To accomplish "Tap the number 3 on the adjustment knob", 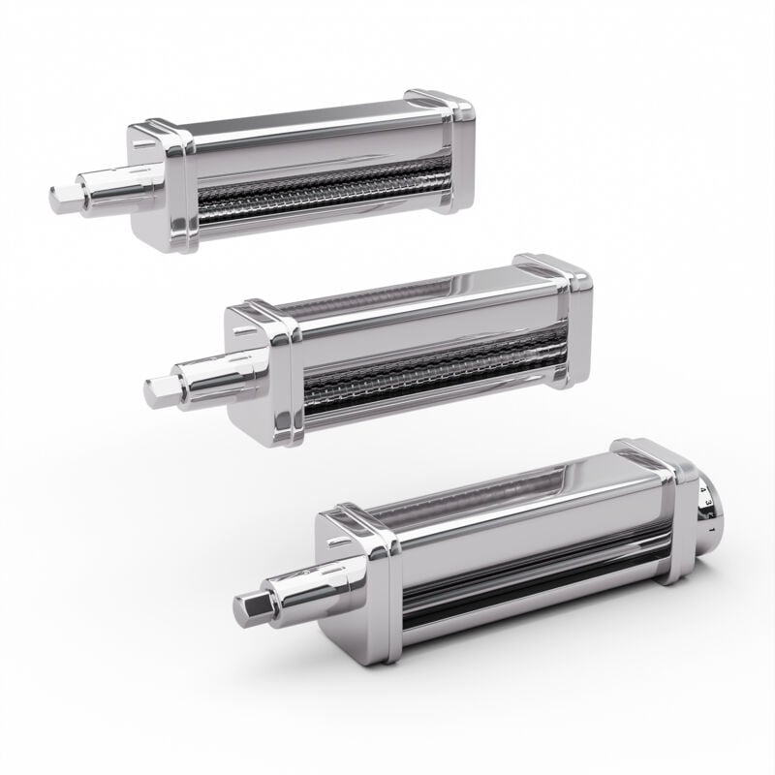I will pos(708,502).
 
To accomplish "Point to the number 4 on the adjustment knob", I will pos(702,491).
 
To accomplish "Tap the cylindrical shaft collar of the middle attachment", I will pos(208,372).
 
